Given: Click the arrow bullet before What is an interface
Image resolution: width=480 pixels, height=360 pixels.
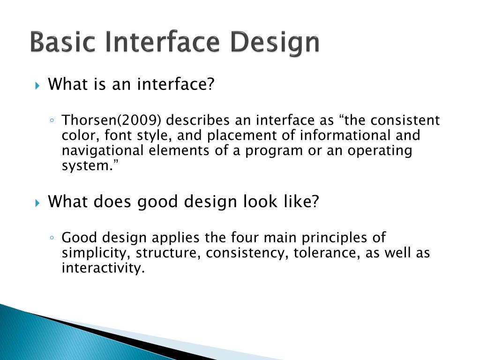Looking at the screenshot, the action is coord(37,85).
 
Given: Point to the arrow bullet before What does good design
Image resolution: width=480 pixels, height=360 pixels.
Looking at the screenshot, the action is coord(37,202).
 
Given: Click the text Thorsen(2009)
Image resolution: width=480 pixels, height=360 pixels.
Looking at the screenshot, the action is coord(111,120).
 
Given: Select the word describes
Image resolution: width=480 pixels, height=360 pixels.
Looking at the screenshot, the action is coord(197,120).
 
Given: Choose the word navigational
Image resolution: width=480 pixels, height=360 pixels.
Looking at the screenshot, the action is coord(103,151).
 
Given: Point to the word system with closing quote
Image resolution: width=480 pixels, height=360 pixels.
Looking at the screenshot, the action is coord(90,166).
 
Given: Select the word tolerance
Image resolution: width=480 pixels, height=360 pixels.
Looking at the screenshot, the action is coord(327,253).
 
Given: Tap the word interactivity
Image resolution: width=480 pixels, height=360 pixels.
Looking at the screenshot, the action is coord(103,268).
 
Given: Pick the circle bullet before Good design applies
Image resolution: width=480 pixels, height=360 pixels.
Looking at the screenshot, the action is coord(52,238).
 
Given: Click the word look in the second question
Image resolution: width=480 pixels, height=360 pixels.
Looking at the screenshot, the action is coord(260,202).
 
